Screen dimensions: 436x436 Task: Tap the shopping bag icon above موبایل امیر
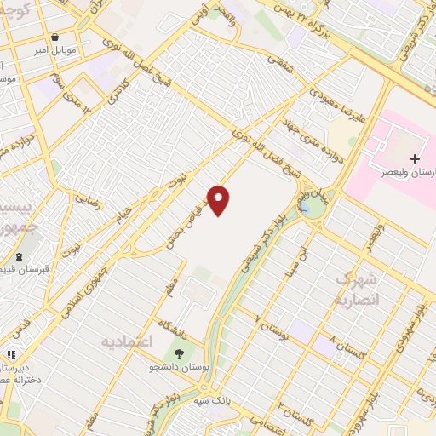pyautogui.click(x=54, y=37)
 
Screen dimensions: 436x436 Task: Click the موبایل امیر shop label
pyautogui.click(x=54, y=50)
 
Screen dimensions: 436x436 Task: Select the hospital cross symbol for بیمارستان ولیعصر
pyautogui.click(x=415, y=158)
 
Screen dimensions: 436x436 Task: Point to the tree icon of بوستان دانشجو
pyautogui.click(x=179, y=353)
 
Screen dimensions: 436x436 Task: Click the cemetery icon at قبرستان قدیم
pyautogui.click(x=19, y=257)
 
